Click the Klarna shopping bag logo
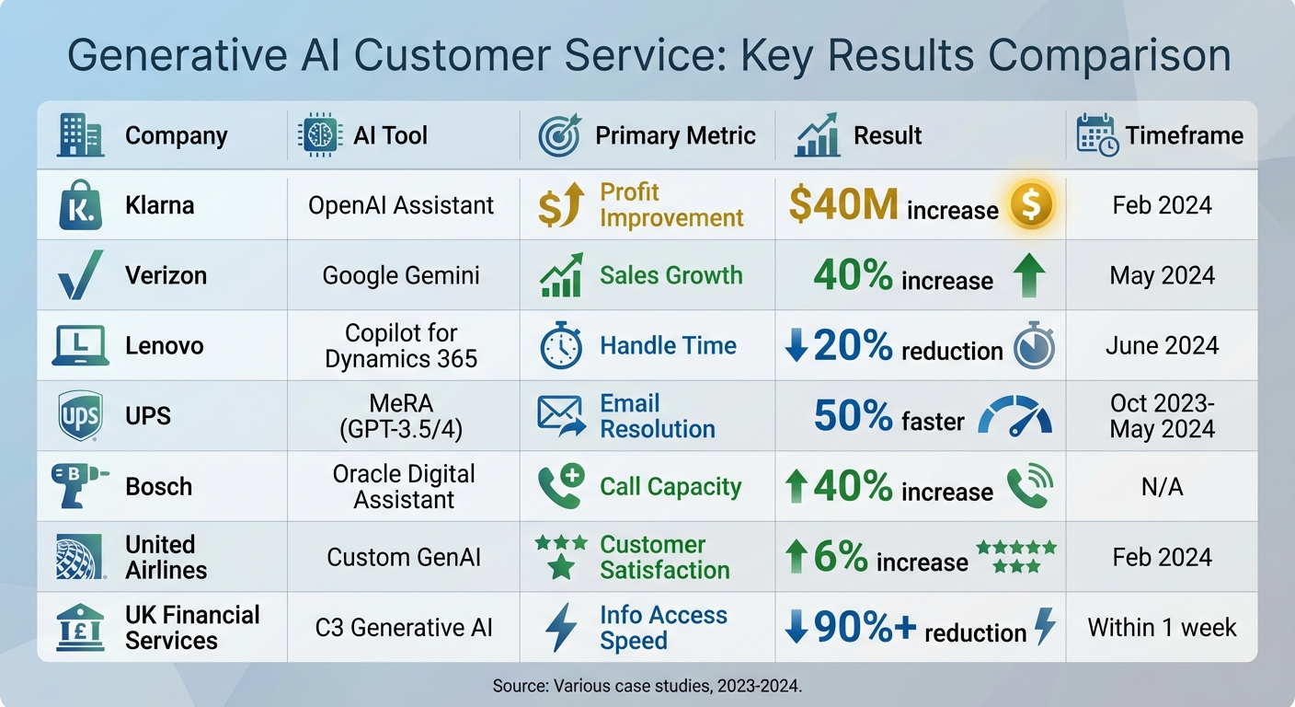point(79,204)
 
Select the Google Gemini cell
point(401,275)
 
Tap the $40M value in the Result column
point(842,205)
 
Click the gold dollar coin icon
point(1030,205)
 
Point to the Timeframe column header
point(1184,135)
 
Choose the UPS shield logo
point(79,416)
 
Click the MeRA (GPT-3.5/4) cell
point(403,416)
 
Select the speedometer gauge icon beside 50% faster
point(1014,417)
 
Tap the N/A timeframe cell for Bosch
point(1162,487)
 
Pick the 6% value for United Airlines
point(840,557)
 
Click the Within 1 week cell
point(1162,628)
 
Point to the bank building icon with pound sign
point(79,627)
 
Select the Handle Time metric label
point(668,346)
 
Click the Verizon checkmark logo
point(79,274)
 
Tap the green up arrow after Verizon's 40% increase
point(1027,275)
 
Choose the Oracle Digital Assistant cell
point(404,487)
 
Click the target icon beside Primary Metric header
point(559,136)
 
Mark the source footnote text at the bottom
point(647,686)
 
